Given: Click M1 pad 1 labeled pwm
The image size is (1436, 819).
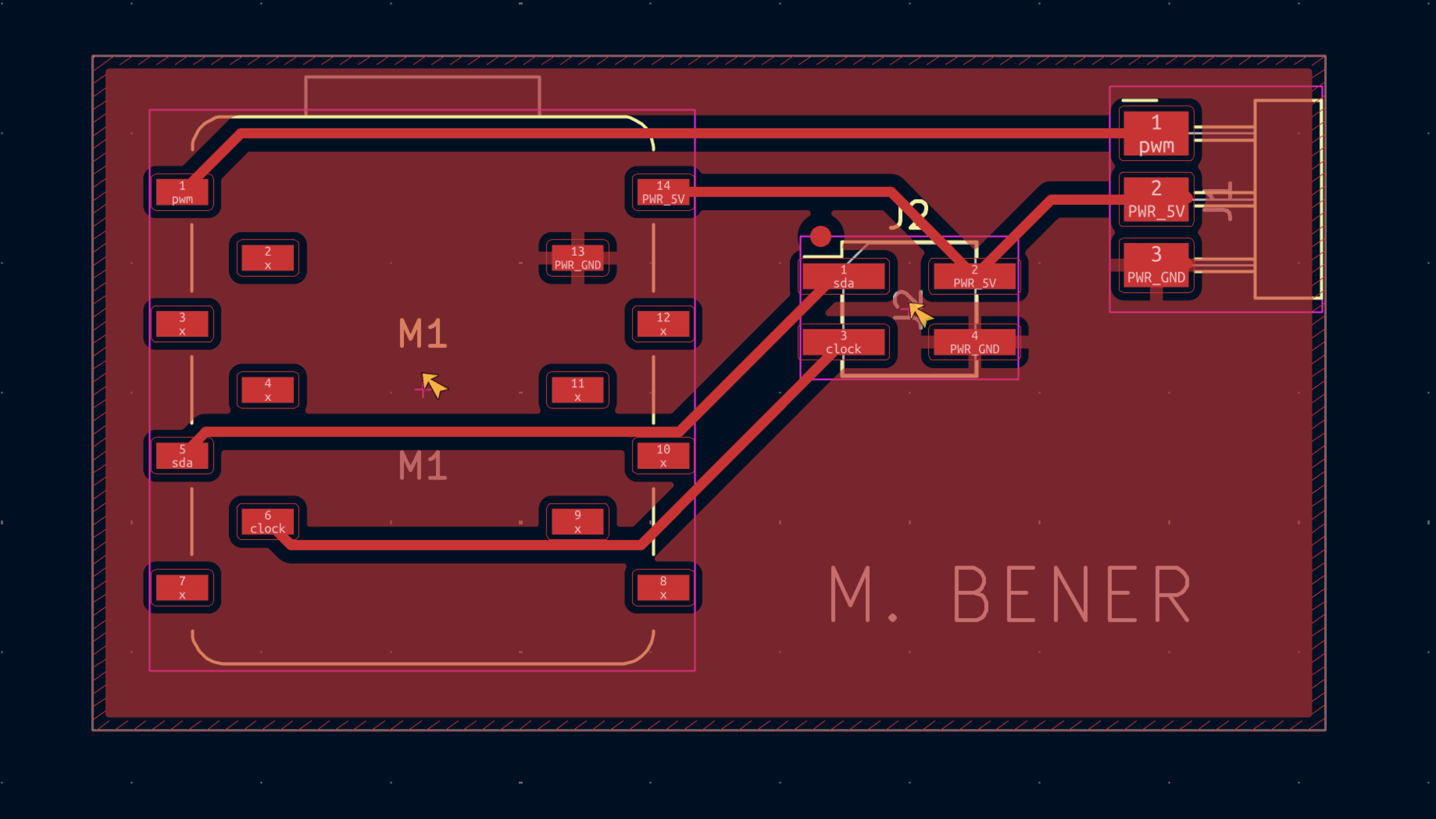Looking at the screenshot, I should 182,192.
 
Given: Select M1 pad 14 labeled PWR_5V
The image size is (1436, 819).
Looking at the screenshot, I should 663,192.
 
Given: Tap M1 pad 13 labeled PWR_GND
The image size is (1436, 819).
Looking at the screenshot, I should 577,258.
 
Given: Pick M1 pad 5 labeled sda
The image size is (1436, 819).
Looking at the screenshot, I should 182,455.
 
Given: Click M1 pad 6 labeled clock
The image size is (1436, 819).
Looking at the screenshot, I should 268,521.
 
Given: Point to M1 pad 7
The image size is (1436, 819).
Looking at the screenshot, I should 182,587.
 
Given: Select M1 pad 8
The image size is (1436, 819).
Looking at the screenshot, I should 663,587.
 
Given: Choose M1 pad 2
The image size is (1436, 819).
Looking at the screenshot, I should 268,258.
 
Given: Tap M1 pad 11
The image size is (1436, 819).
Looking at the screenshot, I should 577,390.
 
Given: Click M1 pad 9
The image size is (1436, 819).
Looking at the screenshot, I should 577,521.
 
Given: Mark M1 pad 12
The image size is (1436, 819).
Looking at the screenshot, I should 663,324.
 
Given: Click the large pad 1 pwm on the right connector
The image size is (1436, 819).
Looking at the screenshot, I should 1156,134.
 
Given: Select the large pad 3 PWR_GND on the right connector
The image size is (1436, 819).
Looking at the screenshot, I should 1156,266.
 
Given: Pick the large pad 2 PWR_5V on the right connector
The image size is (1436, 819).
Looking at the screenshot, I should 1156,200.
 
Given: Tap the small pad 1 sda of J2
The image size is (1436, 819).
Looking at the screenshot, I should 844,276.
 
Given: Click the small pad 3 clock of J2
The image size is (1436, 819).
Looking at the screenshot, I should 844,342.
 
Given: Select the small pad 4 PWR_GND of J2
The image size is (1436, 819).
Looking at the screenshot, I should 975,342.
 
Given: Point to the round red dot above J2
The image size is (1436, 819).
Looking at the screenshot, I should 820,236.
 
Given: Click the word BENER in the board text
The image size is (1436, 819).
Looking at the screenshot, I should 1072,595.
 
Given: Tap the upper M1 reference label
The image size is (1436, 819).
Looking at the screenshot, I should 423,334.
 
